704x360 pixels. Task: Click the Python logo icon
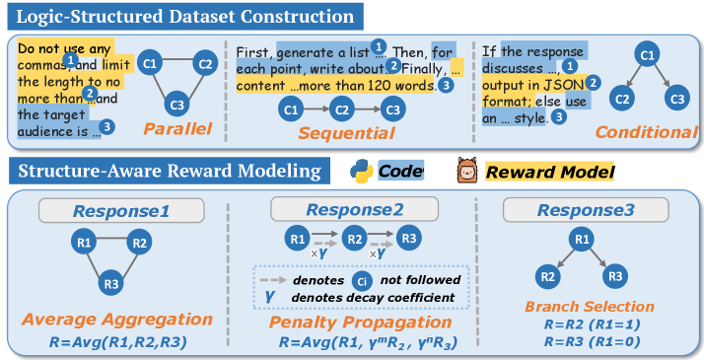click(362, 172)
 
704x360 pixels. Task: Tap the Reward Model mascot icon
click(467, 170)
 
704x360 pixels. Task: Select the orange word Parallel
click(177, 129)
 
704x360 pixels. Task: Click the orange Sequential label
click(347, 133)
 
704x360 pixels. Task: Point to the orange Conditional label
click(647, 132)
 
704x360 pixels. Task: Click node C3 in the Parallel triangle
click(176, 105)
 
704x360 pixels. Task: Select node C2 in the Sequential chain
click(342, 110)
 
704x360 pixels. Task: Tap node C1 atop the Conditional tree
click(647, 55)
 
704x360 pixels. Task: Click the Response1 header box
click(121, 210)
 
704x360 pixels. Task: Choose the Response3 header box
click(586, 210)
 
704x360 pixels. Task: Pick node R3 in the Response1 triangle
click(111, 284)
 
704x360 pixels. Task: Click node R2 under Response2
click(355, 240)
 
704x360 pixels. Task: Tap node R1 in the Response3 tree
click(582, 239)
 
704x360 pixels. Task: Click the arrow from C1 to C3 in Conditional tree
click(662, 77)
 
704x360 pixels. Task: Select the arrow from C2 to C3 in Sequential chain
click(368, 109)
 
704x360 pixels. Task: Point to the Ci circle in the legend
click(362, 281)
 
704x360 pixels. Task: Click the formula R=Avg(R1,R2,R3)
click(117, 342)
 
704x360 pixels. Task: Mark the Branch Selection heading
click(590, 307)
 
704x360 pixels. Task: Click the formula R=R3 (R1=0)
click(592, 341)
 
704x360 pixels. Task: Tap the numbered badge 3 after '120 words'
click(446, 85)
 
